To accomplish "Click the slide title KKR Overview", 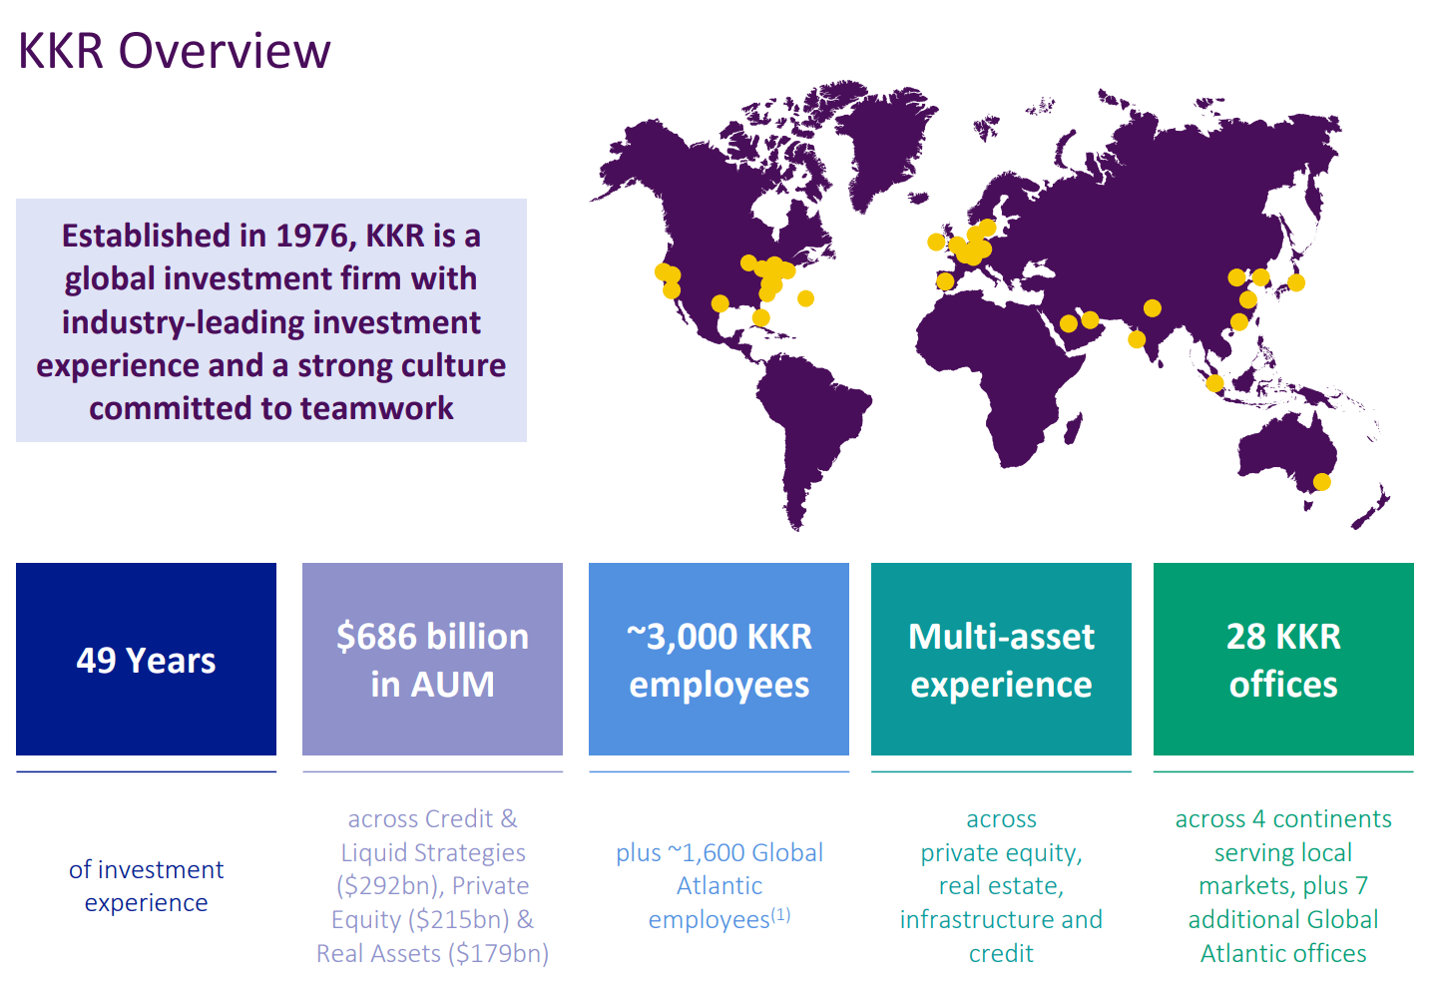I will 175,51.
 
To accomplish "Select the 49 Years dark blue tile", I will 146,660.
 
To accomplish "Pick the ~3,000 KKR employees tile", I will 719,660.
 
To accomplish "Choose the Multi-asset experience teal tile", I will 1001,660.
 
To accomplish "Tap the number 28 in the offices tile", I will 1245,637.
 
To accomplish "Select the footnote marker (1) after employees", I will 781,914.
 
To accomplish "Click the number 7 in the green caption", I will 1361,886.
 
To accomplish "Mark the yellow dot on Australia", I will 1321,482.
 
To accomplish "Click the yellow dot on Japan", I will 1296,282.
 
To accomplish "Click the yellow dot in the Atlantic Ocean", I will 805,298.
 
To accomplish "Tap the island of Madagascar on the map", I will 1073,427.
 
